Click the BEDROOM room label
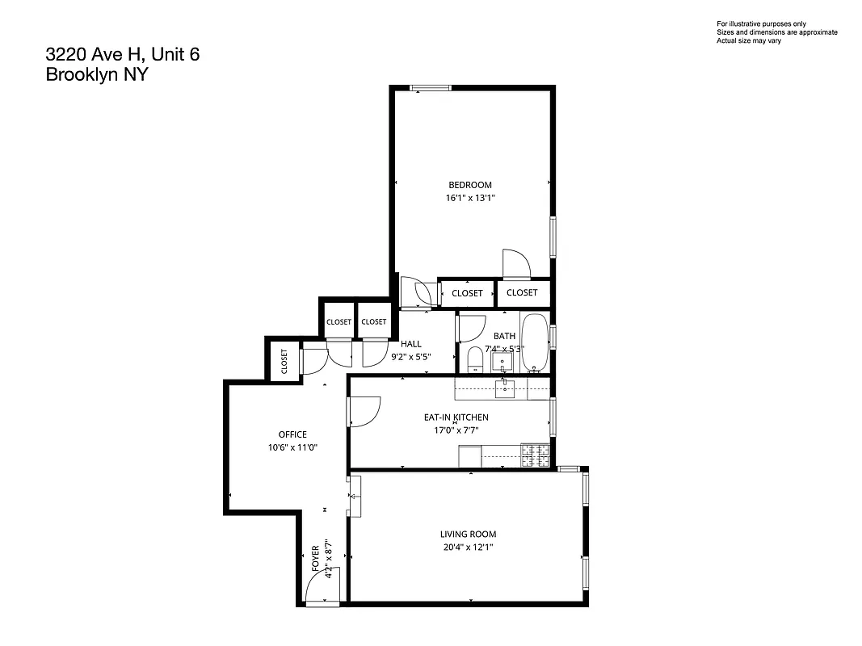[470, 185]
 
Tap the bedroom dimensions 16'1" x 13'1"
[470, 197]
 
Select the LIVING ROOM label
[468, 534]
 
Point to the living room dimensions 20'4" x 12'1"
[468, 547]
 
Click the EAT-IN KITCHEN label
[456, 417]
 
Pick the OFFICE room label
[292, 434]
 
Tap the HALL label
[411, 344]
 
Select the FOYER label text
[316, 559]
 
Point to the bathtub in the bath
[534, 343]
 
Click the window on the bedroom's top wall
[430, 89]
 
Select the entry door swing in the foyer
[322, 587]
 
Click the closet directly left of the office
[284, 360]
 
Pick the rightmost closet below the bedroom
[522, 292]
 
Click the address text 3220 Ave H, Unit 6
[122, 55]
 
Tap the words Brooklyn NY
[97, 75]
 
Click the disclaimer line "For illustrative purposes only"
[761, 24]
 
